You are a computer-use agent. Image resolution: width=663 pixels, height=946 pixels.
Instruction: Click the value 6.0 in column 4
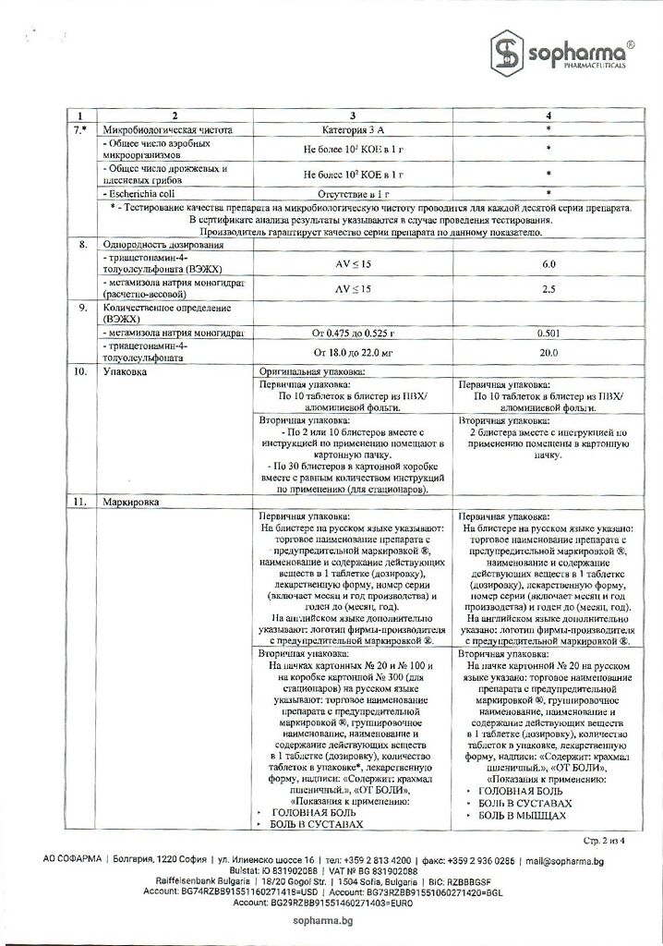[x=548, y=264]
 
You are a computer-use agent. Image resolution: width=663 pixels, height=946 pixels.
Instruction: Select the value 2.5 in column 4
[x=548, y=289]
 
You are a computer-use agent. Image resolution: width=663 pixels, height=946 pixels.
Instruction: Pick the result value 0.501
[x=548, y=333]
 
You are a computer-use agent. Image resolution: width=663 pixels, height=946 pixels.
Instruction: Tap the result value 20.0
[x=548, y=353]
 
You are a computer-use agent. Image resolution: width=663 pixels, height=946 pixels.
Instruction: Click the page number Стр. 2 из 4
[x=605, y=841]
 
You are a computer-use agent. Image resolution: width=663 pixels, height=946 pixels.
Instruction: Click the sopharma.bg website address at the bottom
[x=331, y=921]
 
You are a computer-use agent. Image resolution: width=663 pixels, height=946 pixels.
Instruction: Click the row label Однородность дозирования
[x=163, y=245]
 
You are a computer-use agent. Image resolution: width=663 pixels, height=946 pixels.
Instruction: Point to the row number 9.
[x=83, y=308]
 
